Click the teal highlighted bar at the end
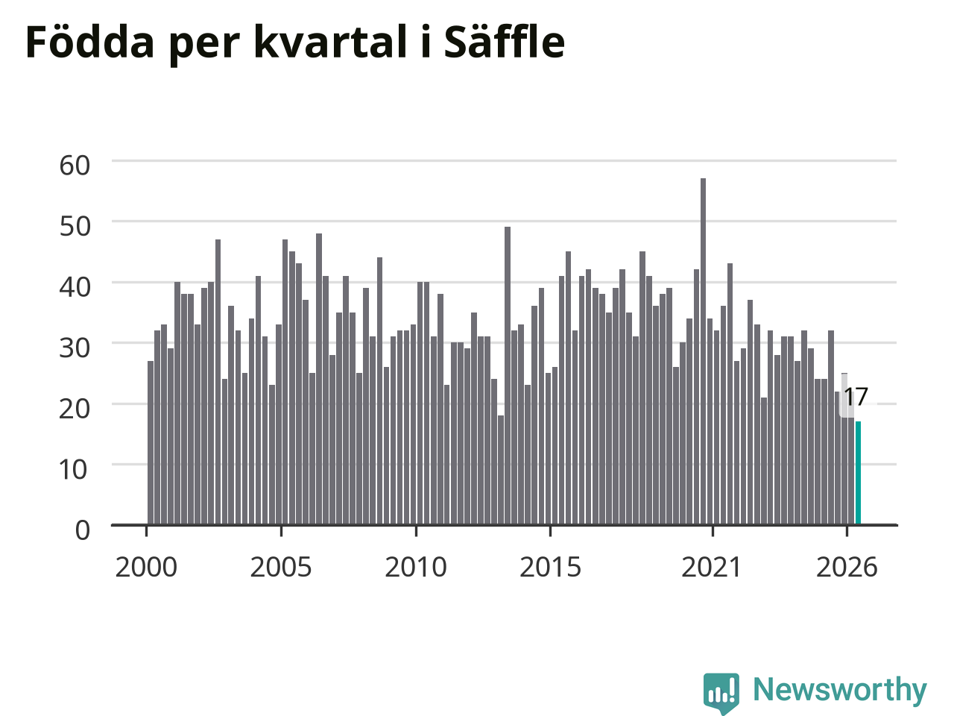point(858,473)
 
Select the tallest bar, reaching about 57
point(703,351)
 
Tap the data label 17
point(856,397)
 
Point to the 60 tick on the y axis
point(75,166)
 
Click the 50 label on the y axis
point(75,227)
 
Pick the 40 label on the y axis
point(75,287)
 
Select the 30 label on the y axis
point(75,348)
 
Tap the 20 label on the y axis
point(75,409)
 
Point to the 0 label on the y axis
point(83,530)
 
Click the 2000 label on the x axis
point(146,568)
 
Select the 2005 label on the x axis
point(281,568)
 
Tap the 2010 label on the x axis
point(416,568)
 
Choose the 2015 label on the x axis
point(550,568)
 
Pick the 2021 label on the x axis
point(711,568)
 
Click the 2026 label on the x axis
point(847,568)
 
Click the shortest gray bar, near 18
point(501,470)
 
